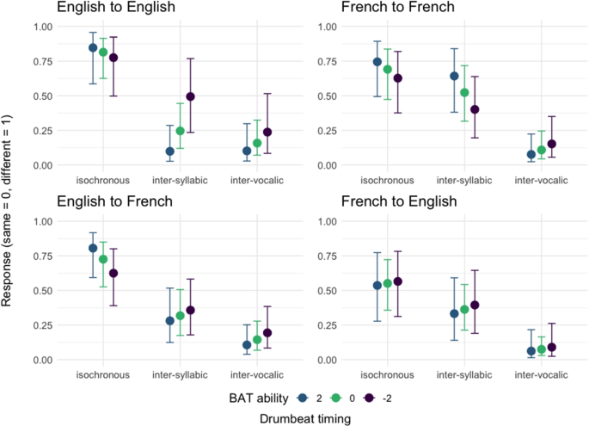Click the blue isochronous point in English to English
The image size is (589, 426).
pyautogui.click(x=93, y=47)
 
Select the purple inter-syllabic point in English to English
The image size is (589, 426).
pyautogui.click(x=191, y=96)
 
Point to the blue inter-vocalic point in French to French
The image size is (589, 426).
pyautogui.click(x=507, y=155)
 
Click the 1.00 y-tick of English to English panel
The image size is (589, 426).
pyautogui.click(x=40, y=27)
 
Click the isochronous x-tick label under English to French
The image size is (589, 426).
pyautogui.click(x=103, y=375)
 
